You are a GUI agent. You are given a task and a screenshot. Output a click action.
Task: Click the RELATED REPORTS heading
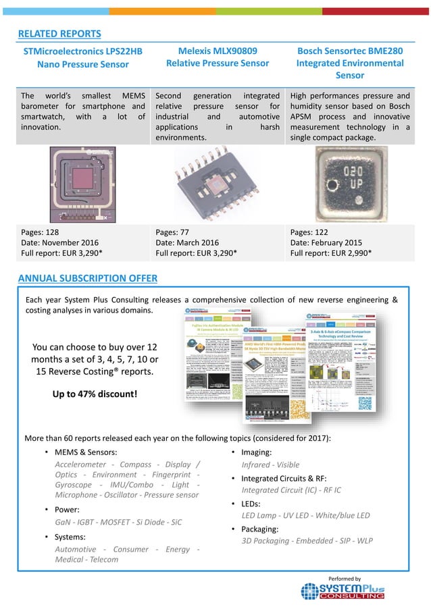59,34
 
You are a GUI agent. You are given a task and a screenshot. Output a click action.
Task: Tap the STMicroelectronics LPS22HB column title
83,57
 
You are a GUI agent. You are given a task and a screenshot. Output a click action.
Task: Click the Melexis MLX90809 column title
218,57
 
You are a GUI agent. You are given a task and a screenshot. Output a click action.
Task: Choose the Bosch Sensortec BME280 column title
350,63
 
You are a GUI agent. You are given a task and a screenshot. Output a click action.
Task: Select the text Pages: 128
42,232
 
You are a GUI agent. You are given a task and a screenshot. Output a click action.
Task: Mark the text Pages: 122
311,232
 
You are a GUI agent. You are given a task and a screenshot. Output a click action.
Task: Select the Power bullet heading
67,510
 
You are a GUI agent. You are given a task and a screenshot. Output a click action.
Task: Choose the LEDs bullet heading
255,504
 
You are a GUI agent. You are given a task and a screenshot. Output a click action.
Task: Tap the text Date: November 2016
59,242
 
